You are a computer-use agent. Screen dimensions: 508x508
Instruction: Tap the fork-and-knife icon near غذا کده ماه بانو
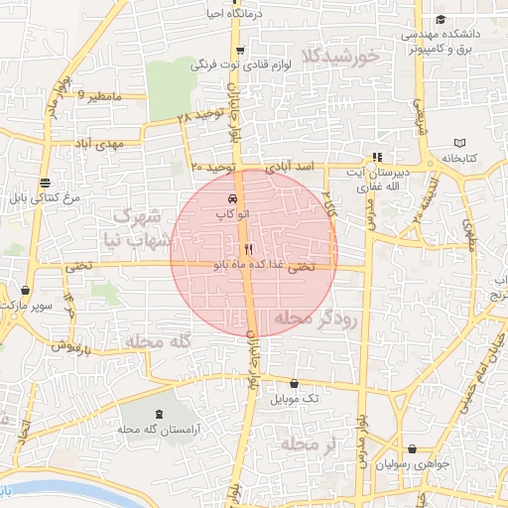point(248,249)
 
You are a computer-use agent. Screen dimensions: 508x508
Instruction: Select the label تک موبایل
point(299,398)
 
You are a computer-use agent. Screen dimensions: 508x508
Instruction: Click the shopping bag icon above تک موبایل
point(294,383)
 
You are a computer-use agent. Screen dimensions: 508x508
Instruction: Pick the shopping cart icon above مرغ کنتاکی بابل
point(45,182)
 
